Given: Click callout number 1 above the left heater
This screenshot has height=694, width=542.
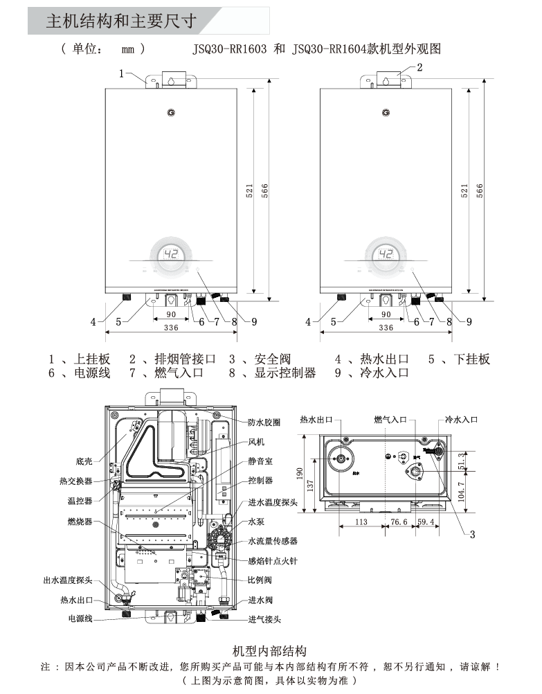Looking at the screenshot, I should (x=121, y=72).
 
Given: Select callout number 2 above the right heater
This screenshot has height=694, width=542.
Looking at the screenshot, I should (x=419, y=67).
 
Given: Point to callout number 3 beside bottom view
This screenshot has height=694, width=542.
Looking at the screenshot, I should (x=472, y=534).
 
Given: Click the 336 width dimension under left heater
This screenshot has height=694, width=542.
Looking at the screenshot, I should (x=171, y=328).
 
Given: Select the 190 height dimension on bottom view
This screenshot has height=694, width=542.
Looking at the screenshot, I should (x=300, y=472).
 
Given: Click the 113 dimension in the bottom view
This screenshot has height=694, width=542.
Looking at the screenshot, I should (x=361, y=522).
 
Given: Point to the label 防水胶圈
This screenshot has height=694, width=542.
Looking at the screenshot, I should (x=264, y=422).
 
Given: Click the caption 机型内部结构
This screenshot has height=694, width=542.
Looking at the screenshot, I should (x=270, y=651).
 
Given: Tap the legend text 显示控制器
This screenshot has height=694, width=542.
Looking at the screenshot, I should (x=285, y=373).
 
